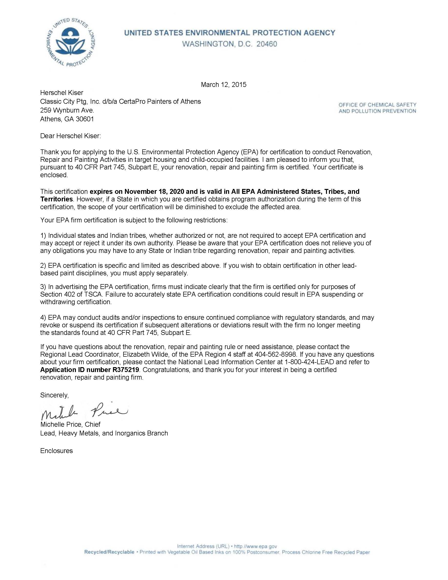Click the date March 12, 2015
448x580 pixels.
tap(224, 85)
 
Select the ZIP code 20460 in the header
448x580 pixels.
tap(266, 44)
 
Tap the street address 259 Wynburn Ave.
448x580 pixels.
tap(67, 110)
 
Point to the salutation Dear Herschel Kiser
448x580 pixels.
tap(71, 136)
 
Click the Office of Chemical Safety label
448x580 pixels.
tap(377, 105)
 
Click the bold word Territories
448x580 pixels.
tap(57, 199)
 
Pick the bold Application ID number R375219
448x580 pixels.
tap(90, 370)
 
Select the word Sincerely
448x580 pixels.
tap(54, 395)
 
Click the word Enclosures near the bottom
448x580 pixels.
tap(57, 451)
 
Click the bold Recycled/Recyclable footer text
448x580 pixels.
tap(109, 552)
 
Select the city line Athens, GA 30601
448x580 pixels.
tap(67, 119)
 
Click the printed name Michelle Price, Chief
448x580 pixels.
tap(70, 424)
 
